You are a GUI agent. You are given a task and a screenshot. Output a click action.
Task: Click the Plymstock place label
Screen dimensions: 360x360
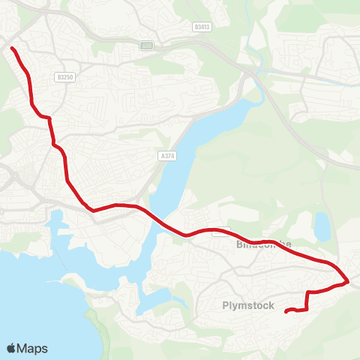[244, 304]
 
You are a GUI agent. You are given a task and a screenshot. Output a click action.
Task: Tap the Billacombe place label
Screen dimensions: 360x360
[262, 245]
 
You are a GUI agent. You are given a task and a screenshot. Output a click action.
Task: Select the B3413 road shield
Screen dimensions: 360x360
[201, 26]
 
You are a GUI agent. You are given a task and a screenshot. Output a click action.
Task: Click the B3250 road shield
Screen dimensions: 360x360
[64, 76]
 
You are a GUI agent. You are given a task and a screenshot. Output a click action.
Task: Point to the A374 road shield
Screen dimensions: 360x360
[168, 155]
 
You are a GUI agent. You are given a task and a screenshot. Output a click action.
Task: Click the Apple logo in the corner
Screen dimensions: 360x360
[11, 348]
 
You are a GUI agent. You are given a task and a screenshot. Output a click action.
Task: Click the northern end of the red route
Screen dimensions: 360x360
[12, 49]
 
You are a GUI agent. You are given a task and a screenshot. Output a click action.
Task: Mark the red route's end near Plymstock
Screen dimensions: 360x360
[286, 311]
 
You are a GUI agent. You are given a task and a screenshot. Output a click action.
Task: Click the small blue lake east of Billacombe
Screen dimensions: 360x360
[322, 226]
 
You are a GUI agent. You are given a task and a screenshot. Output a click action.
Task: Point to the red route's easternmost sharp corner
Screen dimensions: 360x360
[348, 283]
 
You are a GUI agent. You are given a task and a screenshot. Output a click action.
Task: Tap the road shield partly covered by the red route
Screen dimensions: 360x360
[220, 232]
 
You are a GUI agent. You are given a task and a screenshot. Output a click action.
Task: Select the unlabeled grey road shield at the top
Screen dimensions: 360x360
[146, 46]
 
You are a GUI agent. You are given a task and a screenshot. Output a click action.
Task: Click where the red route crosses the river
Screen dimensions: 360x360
[154, 218]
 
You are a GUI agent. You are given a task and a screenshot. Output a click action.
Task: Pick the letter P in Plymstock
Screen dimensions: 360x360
[226, 304]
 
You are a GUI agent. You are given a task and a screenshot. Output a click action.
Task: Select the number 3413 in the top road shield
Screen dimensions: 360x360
[202, 26]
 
